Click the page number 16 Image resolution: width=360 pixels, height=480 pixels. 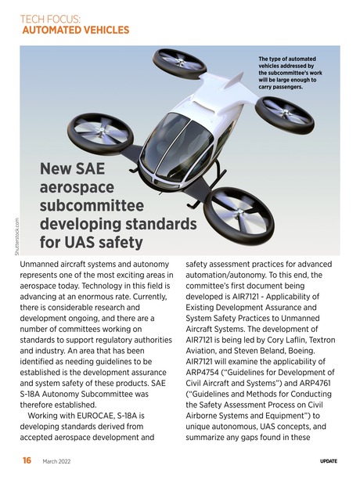(x=27, y=460)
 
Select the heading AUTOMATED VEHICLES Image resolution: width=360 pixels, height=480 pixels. (x=76, y=31)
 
